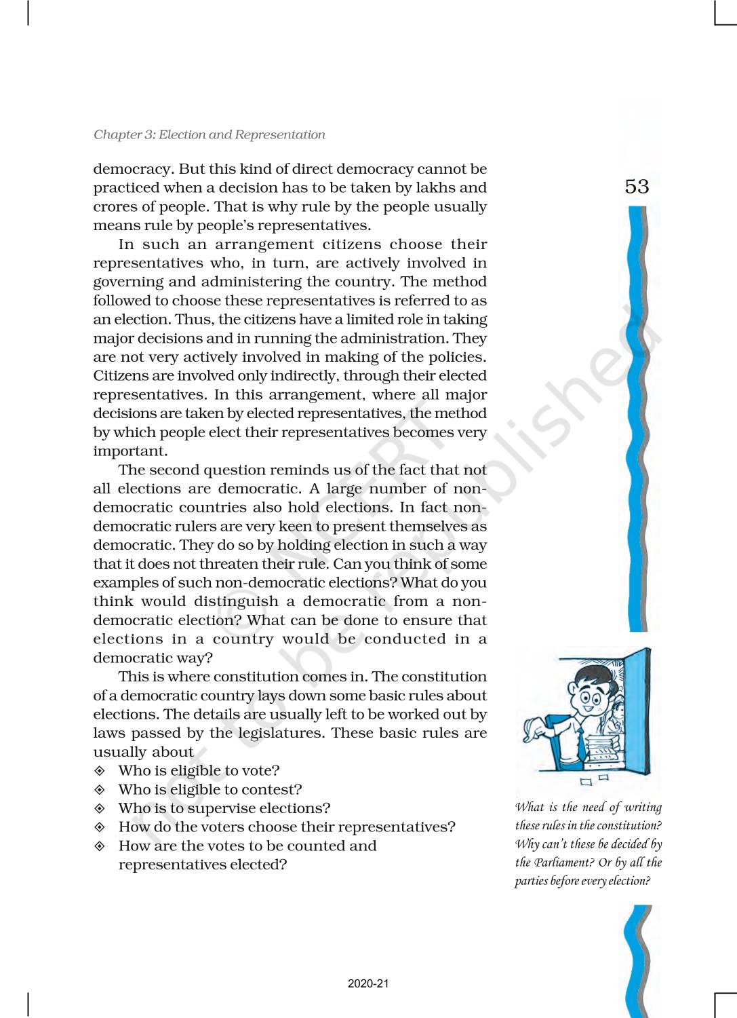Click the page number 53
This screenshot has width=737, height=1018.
pyautogui.click(x=637, y=186)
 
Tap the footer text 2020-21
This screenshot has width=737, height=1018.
pyautogui.click(x=368, y=983)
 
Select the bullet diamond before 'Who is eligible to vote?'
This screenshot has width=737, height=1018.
pyautogui.click(x=100, y=771)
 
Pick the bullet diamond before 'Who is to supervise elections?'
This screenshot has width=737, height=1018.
pyautogui.click(x=100, y=808)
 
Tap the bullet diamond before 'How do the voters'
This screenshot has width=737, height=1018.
pyautogui.click(x=100, y=827)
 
